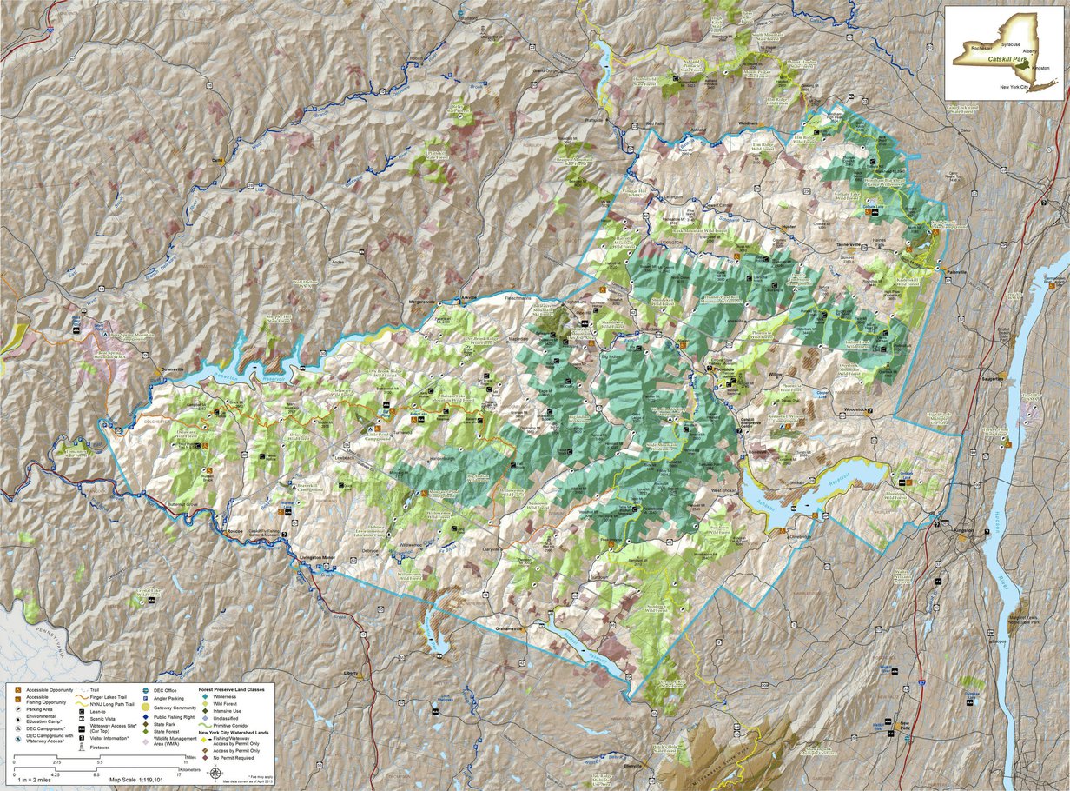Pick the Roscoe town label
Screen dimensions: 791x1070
pyautogui.click(x=234, y=530)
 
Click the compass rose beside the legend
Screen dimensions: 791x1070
pyautogui.click(x=215, y=770)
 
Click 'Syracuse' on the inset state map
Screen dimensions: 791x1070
pyautogui.click(x=1009, y=43)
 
